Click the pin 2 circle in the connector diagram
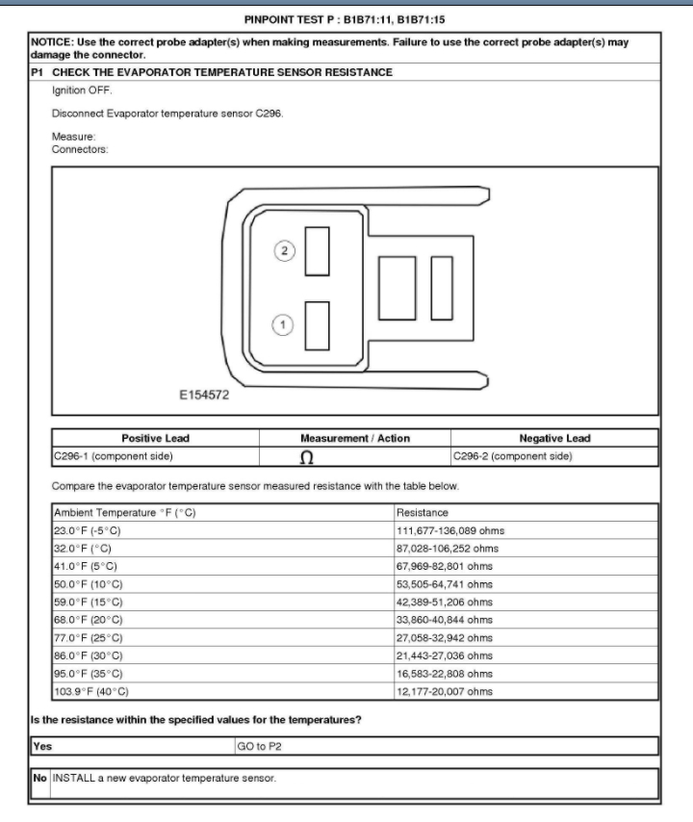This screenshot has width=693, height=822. pos(284,249)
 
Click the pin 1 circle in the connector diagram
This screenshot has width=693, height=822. pos(284,324)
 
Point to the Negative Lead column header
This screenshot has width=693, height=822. pos(554,438)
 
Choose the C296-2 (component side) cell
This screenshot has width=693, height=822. pos(513,455)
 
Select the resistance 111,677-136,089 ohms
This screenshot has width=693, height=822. pos(450,530)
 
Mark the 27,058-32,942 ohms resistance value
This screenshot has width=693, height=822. pos(445,637)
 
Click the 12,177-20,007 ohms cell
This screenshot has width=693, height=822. pos(445,691)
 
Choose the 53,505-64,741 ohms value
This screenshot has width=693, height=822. pos(445,583)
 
